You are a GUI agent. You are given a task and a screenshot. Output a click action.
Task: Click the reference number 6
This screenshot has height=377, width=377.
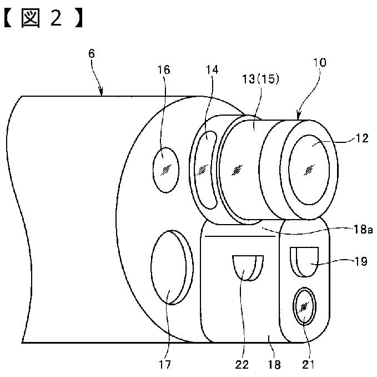point(92,54)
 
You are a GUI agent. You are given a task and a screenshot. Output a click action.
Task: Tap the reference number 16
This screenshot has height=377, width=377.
point(164,70)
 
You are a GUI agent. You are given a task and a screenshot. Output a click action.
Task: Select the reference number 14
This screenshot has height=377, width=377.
point(212,70)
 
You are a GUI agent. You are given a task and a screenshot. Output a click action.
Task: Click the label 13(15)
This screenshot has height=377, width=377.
point(260,79)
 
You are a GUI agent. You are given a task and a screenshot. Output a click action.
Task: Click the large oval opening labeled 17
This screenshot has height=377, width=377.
point(169,269)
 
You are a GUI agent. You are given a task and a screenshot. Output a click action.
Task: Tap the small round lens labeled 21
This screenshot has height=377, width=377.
point(304,306)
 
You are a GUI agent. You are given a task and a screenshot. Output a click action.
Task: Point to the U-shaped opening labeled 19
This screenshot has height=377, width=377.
point(304,260)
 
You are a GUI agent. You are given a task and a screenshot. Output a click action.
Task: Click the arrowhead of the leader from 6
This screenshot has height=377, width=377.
point(102,93)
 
